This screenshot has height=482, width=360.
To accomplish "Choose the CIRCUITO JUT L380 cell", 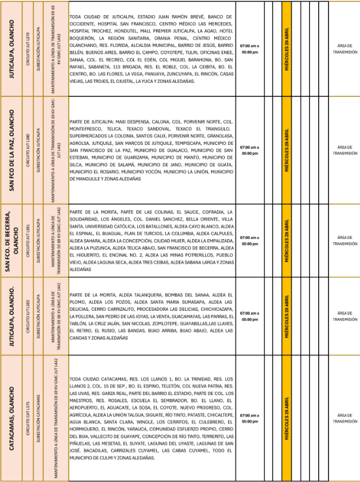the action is [x=26, y=150].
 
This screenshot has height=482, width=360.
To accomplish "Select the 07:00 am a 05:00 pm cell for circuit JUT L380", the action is [x=250, y=150].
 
